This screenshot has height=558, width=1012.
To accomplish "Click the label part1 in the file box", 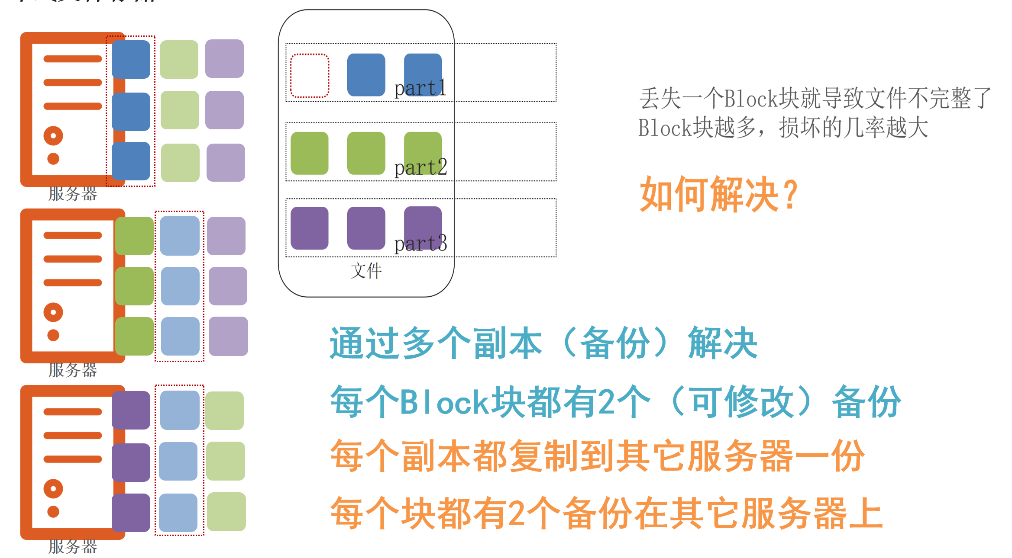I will click(x=420, y=88).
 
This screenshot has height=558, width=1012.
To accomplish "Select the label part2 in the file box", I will click(x=420, y=167).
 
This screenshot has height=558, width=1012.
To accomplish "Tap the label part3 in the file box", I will click(x=420, y=243).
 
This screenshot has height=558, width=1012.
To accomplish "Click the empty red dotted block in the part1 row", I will click(x=310, y=76).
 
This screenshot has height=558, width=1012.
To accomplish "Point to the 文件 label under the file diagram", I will click(x=366, y=271).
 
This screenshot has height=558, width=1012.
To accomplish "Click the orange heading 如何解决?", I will click(x=718, y=194).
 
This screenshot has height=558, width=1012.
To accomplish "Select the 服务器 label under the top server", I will click(x=72, y=193).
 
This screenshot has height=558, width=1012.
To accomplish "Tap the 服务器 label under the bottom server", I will click(x=72, y=546).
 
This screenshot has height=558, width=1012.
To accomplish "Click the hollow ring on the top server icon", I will click(x=53, y=136).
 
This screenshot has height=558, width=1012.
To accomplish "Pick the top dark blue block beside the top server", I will click(x=131, y=59).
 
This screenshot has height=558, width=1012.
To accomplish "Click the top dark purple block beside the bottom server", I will click(x=131, y=410).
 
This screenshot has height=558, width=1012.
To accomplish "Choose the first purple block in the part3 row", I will click(x=310, y=228).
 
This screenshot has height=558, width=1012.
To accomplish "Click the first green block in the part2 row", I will click(x=310, y=153).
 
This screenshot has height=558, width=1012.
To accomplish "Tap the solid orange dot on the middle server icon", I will click(x=53, y=335).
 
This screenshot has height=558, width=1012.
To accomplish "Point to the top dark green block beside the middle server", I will click(x=134, y=236).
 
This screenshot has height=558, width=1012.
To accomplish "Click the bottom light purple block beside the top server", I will click(x=226, y=162).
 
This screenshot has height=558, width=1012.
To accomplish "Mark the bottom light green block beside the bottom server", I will click(x=226, y=512).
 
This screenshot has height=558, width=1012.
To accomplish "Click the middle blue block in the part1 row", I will click(x=366, y=75).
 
